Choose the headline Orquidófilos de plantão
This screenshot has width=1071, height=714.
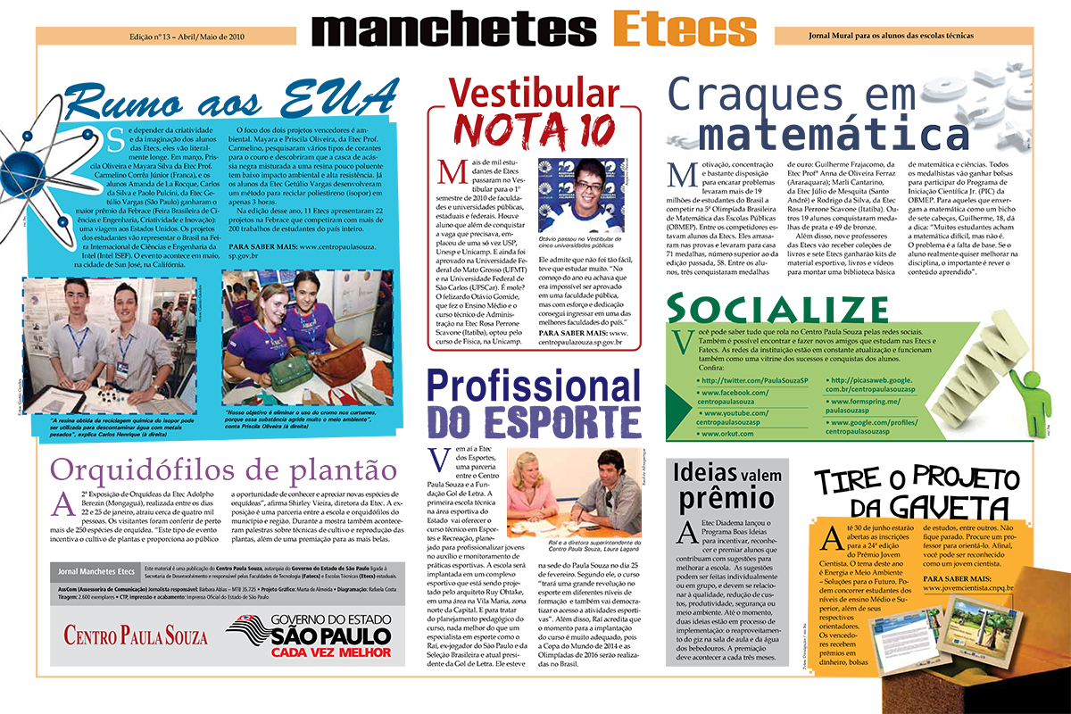pos(223,469)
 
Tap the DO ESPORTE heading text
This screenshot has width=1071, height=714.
pos(534,419)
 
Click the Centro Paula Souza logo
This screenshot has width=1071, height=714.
pos(136,635)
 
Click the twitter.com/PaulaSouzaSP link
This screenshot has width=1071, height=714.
pos(754,380)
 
